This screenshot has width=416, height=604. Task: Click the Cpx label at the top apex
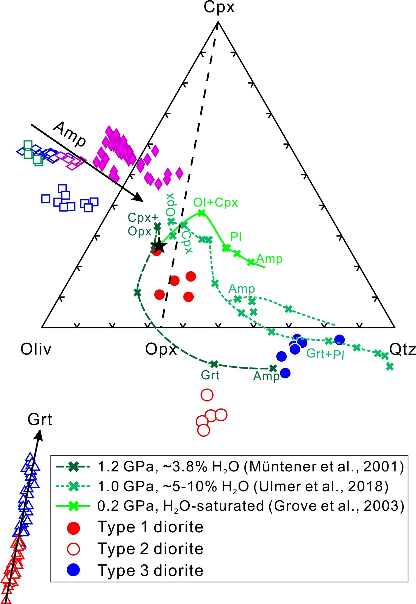[x=219, y=7]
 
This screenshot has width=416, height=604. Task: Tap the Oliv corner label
[x=36, y=349]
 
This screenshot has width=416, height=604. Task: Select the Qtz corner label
[x=402, y=349]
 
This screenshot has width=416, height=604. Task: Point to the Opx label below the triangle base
[x=161, y=349]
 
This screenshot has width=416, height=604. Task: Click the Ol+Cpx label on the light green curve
[x=216, y=202]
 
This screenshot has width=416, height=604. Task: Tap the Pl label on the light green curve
[x=236, y=237]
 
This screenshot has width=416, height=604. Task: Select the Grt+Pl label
[x=325, y=354]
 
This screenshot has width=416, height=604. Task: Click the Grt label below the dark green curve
[x=210, y=375]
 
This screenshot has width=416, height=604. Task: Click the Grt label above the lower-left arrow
[x=40, y=420]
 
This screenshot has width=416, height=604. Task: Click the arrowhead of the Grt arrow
[x=39, y=435]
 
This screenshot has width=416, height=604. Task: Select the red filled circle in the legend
[x=73, y=528]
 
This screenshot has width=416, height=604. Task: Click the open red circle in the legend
[x=73, y=549]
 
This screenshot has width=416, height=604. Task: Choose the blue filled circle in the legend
[x=73, y=570]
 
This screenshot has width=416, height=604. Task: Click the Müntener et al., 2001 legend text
[x=323, y=467]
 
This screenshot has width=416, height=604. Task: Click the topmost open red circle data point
[x=207, y=395]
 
